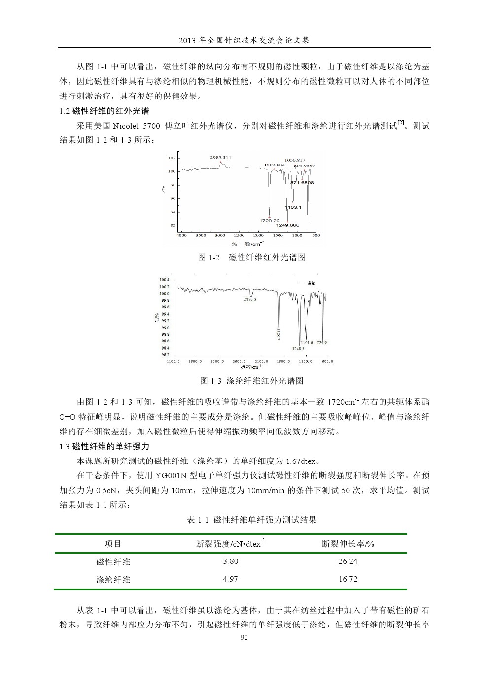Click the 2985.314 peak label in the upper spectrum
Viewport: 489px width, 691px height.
point(220,158)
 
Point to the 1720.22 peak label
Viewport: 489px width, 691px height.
point(270,220)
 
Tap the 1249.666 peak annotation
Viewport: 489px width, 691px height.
point(288,225)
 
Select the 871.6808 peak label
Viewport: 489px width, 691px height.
point(302,183)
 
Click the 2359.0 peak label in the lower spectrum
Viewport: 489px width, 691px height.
point(250,299)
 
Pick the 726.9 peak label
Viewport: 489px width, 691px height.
point(322,343)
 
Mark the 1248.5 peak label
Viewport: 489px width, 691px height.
point(298,349)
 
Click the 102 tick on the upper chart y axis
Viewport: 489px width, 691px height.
point(172,158)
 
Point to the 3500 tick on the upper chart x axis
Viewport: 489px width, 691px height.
point(201,235)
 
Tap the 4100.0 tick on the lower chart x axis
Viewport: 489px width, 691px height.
point(173,362)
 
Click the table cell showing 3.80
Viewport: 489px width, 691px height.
point(230,561)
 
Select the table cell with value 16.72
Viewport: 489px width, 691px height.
point(348,579)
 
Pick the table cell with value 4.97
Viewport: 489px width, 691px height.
point(230,579)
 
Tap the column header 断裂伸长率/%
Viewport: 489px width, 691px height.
point(348,544)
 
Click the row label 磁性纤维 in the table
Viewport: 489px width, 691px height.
point(113,561)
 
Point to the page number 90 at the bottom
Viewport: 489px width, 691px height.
point(244,637)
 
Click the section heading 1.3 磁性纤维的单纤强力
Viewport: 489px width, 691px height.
point(104,447)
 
